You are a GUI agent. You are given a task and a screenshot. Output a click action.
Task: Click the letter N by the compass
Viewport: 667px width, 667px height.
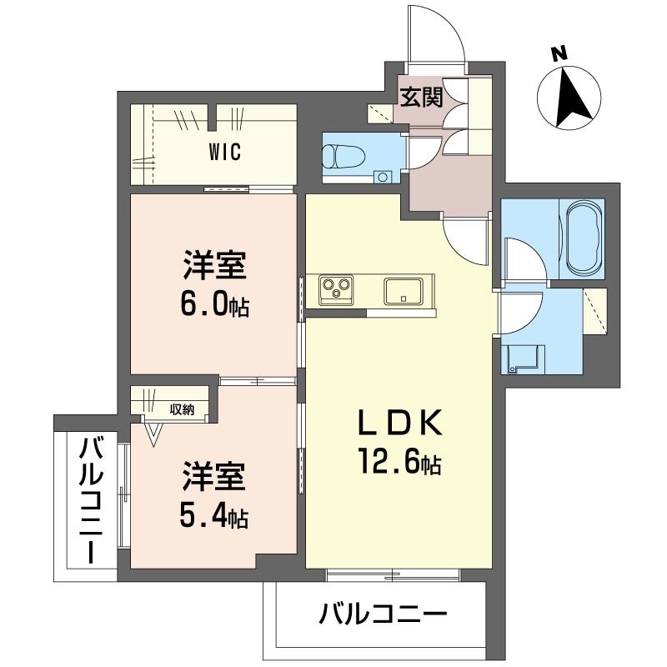[x=559, y=54]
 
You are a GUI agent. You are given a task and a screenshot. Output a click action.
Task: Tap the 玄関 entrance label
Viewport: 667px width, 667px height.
[x=420, y=97]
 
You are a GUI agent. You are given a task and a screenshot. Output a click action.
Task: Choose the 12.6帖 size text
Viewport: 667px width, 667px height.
[x=399, y=461]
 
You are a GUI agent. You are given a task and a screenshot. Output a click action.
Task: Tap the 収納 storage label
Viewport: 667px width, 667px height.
[x=182, y=409]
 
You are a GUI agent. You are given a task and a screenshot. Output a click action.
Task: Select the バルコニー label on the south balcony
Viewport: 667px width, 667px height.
[x=384, y=616]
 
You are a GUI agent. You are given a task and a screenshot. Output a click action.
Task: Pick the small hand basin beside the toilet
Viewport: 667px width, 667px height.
[x=382, y=177]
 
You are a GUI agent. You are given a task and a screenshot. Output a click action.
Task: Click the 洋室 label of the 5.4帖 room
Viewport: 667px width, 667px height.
[x=213, y=482]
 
